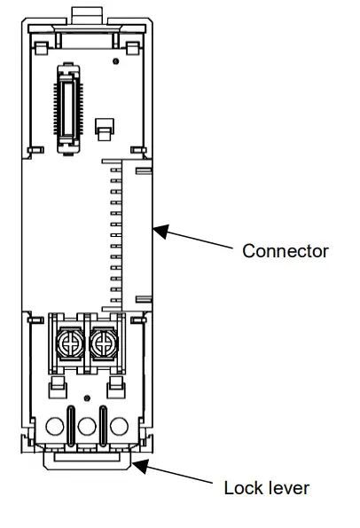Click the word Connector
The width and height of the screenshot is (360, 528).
click(286, 251)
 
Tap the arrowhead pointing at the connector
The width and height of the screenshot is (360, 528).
click(158, 231)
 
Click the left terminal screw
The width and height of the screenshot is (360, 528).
click(70, 341)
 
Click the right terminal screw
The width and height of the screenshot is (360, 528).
click(103, 341)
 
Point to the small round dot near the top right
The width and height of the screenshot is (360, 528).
click(115, 62)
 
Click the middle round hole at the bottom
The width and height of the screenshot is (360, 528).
click(86, 427)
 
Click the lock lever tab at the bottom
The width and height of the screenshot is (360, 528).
click(87, 459)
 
